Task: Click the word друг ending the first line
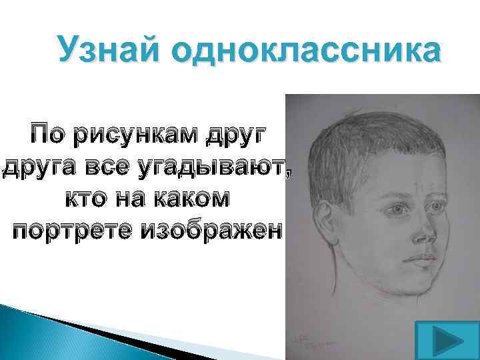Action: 235,137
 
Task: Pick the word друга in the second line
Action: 39,167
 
